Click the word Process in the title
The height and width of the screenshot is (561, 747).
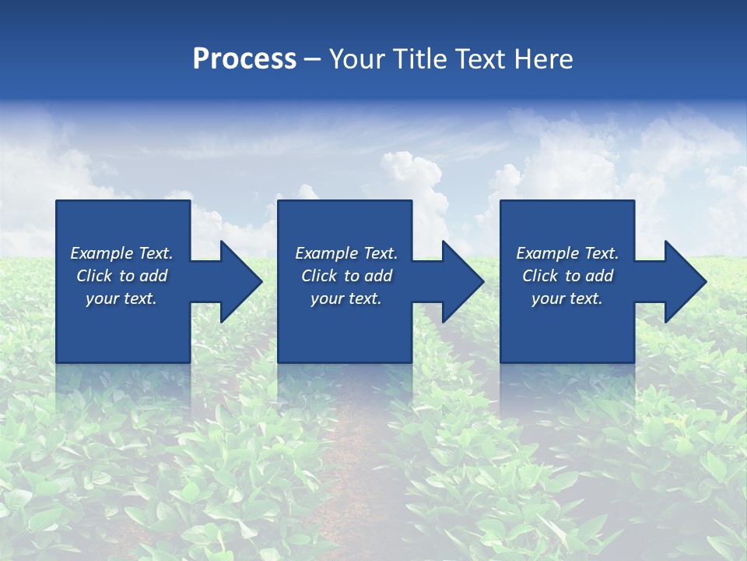click(x=244, y=59)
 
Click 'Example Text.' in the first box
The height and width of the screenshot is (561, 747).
click(x=121, y=253)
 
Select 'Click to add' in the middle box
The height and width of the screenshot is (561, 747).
click(x=346, y=276)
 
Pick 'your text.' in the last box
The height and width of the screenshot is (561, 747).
click(x=566, y=298)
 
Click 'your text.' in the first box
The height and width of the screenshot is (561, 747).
click(x=121, y=298)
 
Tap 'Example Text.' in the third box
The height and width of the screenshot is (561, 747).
click(x=567, y=253)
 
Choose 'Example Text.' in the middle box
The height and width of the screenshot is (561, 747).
click(x=346, y=253)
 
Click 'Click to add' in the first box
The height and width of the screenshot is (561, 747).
click(x=121, y=276)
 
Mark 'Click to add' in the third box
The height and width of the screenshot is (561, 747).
click(x=567, y=276)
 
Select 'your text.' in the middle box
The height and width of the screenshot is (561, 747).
click(x=345, y=298)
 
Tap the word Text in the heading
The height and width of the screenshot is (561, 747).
click(x=478, y=59)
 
